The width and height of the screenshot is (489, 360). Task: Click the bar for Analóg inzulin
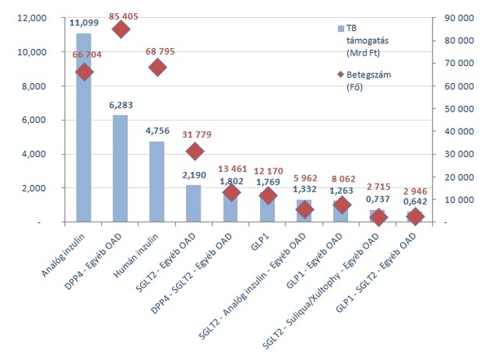point(83,130)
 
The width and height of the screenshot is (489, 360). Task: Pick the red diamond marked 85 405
point(121,29)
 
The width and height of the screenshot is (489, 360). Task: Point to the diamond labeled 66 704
point(83,72)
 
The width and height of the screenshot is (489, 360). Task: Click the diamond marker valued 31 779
point(194,151)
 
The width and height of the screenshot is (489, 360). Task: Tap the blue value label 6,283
point(120,107)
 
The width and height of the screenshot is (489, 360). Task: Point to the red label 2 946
point(413,193)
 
